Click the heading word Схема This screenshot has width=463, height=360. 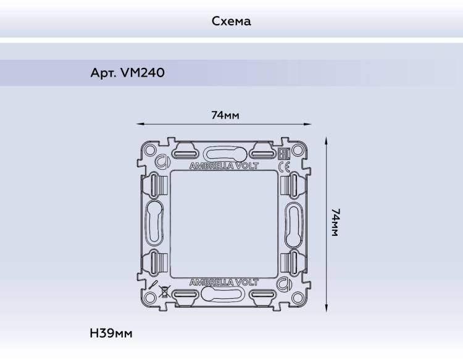231,21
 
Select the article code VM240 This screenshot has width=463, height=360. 143,73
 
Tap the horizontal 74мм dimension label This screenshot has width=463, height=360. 225,115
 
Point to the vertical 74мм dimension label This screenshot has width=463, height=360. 335,222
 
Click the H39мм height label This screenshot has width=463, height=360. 111,333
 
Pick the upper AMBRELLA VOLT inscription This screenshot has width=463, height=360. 224,166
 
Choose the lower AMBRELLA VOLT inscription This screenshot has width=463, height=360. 224,283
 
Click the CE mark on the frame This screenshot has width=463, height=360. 284,167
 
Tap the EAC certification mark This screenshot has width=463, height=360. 285,154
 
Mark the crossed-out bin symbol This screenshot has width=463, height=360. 164,291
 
